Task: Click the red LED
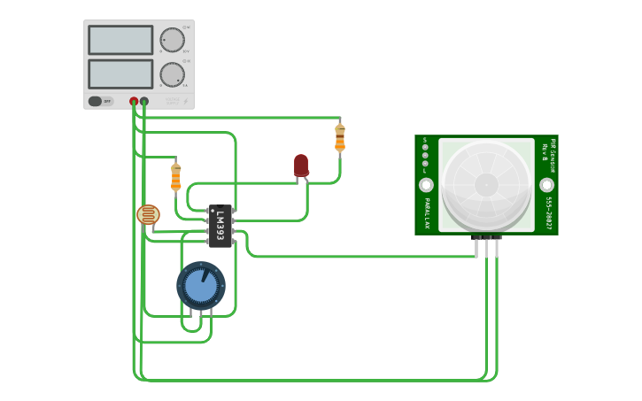click(x=301, y=165)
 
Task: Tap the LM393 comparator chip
click(x=220, y=226)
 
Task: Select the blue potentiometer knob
click(x=201, y=286)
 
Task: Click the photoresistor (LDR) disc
click(x=148, y=214)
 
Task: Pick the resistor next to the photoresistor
click(x=175, y=176)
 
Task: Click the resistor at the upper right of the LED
click(x=340, y=137)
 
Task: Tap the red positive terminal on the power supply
click(x=134, y=102)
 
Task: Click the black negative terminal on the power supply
click(x=144, y=102)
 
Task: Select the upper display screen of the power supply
click(x=120, y=40)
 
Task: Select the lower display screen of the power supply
click(x=120, y=73)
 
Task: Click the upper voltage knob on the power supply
click(x=172, y=40)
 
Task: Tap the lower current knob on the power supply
click(x=172, y=74)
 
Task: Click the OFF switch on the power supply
click(x=101, y=102)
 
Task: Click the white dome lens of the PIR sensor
click(x=486, y=184)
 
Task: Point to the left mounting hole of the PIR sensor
click(x=426, y=185)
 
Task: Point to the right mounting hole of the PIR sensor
click(x=546, y=185)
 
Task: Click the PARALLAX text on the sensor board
click(x=426, y=213)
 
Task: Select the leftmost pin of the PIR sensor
click(x=476, y=247)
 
